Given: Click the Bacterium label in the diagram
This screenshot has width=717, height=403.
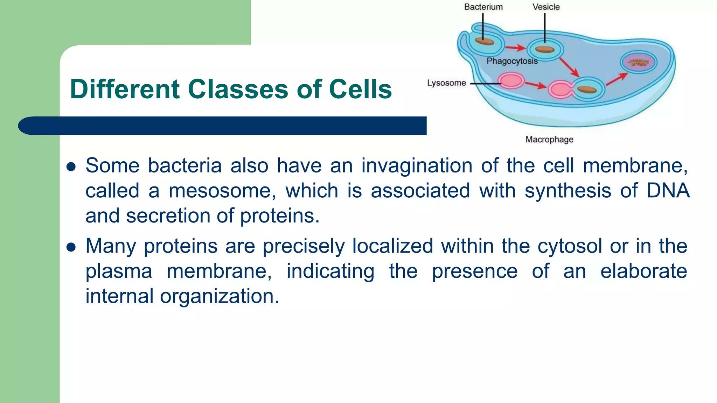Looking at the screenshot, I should click(483, 7).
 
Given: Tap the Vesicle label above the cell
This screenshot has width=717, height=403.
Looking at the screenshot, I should click(546, 7).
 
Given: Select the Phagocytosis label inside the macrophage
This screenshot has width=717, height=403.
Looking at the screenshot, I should click(512, 61).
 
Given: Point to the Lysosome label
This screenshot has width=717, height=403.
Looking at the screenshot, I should click(446, 83).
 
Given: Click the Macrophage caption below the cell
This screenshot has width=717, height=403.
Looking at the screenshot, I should click(549, 140).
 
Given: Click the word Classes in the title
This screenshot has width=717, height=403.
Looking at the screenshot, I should click(238, 89).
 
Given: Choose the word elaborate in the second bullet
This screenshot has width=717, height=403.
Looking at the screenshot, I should click(643, 271).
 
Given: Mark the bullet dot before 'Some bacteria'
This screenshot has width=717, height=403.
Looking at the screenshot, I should click(71, 167).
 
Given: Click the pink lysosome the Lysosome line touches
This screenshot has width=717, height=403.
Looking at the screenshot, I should click(511, 81).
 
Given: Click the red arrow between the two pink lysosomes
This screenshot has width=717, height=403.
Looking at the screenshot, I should click(536, 85).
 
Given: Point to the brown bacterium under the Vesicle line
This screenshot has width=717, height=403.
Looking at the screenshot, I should click(545, 49).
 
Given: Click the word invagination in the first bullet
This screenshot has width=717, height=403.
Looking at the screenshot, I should click(417, 166).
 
